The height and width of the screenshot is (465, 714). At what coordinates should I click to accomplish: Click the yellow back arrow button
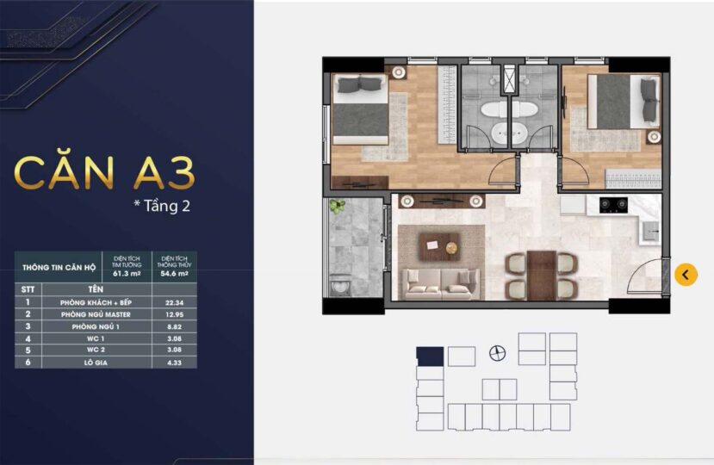[x=686, y=275]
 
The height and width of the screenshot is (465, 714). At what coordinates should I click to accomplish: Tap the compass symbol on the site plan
[x=497, y=353]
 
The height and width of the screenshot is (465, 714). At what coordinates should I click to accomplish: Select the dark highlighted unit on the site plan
[x=430, y=356]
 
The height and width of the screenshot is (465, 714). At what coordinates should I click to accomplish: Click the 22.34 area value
[x=174, y=302]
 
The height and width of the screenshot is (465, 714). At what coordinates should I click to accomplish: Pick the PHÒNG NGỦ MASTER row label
[x=96, y=314]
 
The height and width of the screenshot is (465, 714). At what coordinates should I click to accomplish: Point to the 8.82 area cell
[x=174, y=326]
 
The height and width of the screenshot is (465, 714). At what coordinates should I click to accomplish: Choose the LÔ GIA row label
[x=96, y=363]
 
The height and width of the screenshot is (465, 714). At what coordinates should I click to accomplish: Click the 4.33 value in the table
[x=174, y=363]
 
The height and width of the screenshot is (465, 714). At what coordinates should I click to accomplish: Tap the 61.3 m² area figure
[x=127, y=274]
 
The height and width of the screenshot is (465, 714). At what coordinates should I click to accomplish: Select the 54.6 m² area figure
[x=174, y=274]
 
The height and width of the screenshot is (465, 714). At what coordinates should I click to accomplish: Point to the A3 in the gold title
[x=164, y=173]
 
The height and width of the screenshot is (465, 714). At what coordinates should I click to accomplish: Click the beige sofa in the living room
[x=441, y=284]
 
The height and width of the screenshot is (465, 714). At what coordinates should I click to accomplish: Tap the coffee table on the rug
[x=440, y=246]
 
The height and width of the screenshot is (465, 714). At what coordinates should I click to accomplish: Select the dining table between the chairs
[x=542, y=275]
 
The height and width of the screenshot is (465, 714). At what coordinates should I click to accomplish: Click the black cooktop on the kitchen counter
[x=613, y=206]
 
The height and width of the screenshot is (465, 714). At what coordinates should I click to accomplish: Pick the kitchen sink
[x=651, y=232]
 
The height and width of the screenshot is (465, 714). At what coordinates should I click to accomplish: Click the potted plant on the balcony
[x=338, y=207]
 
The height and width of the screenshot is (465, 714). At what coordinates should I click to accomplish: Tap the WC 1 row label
[x=96, y=338]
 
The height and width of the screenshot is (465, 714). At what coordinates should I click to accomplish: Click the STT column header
[x=28, y=289]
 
